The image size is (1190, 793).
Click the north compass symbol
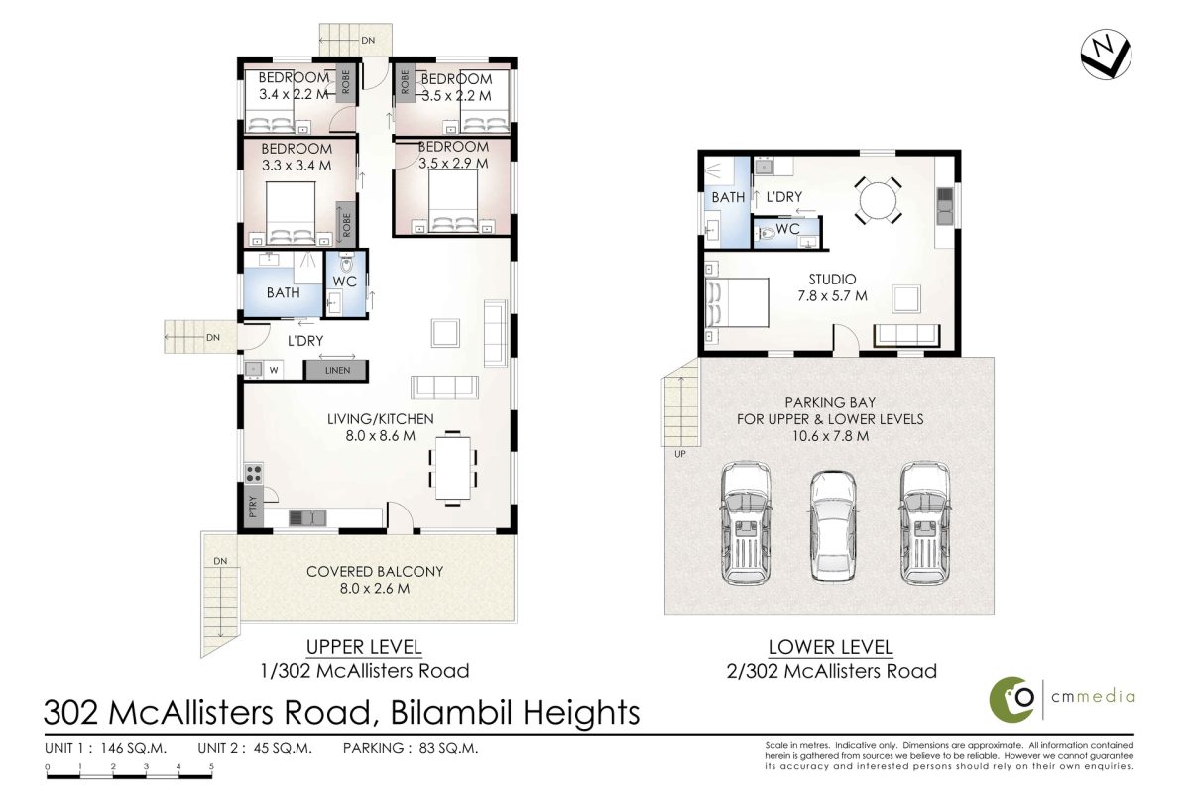click(x=1106, y=55)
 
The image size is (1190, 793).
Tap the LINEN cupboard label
click(x=338, y=370)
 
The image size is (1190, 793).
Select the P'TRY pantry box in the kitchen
click(x=253, y=507)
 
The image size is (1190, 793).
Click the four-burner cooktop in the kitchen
click(x=254, y=473)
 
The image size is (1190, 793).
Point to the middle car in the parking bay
click(x=833, y=527)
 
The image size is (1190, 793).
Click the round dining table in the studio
click(x=879, y=201)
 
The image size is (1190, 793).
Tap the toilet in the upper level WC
click(x=346, y=263)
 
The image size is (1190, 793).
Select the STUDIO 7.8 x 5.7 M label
click(x=832, y=287)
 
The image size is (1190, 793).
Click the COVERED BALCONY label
click(x=375, y=572)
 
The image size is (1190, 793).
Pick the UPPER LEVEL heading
click(x=365, y=647)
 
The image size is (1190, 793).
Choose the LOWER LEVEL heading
click(x=831, y=647)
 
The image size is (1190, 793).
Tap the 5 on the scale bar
click(x=211, y=766)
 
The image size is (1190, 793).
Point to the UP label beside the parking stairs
click(x=680, y=454)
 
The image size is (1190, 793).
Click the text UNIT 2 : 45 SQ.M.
click(x=255, y=748)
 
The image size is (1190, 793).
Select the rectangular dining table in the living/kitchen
click(x=452, y=468)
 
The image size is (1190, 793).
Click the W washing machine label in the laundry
click(x=274, y=370)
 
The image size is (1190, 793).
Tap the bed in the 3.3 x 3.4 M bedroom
click(x=291, y=213)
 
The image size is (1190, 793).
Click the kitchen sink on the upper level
click(x=307, y=517)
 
